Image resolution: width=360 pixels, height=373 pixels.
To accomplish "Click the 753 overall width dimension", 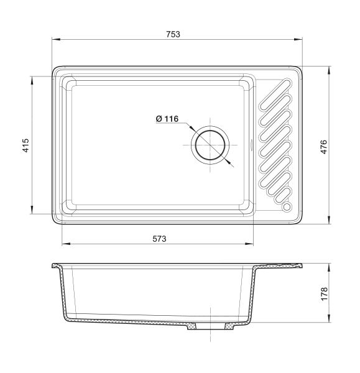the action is pos(173,34).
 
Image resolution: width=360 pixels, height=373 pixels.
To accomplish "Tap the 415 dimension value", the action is pos(25,145).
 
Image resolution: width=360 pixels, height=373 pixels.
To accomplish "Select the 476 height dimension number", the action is pos(323,147).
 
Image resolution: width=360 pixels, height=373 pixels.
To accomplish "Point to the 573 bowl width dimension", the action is pos(159,239).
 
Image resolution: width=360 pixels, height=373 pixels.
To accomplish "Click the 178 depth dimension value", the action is pos(324,294).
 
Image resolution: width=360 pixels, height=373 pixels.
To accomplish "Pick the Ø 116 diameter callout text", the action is pos(167,119).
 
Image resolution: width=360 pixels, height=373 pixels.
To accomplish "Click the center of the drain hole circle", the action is pos(210,145).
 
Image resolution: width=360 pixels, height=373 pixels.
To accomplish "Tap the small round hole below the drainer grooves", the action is pos(287,207).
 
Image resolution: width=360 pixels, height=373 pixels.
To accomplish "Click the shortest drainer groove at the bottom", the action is pos(283,195).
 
